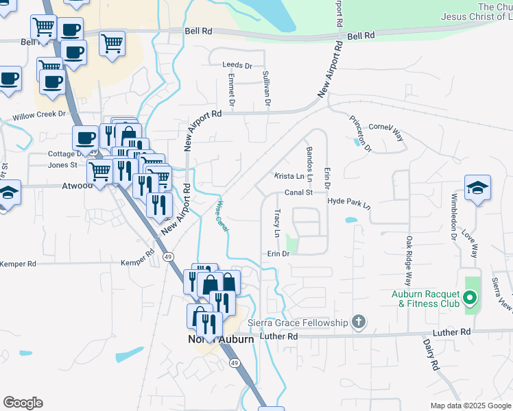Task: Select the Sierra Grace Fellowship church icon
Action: (357, 321)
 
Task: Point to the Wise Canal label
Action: (222, 215)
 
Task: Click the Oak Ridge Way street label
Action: (409, 261)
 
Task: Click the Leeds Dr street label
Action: (237, 66)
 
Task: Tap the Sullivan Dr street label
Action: (267, 89)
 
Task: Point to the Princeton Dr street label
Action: (359, 134)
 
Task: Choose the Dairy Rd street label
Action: (430, 356)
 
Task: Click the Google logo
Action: (23, 403)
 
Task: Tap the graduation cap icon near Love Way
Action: (477, 188)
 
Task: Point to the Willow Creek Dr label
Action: (39, 116)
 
